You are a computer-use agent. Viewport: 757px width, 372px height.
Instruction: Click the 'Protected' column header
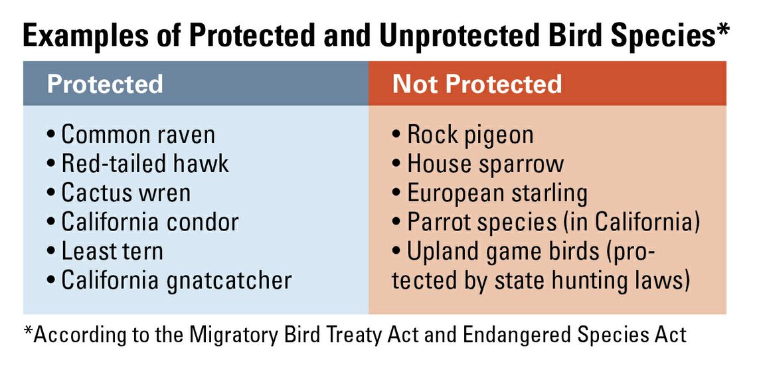click(x=105, y=84)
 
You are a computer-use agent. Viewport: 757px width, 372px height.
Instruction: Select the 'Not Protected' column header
click(x=477, y=84)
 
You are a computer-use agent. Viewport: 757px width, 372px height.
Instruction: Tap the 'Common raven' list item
click(x=137, y=135)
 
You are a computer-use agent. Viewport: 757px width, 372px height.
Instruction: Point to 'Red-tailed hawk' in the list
click(x=144, y=164)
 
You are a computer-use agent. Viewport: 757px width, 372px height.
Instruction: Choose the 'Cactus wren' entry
click(x=126, y=193)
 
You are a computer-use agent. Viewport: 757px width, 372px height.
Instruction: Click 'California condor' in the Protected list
click(x=149, y=223)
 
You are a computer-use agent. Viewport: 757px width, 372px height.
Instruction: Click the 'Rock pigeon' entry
click(x=470, y=136)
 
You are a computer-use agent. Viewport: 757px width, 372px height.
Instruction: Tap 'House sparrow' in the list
click(x=485, y=165)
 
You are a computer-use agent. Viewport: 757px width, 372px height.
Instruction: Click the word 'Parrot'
click(x=438, y=223)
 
